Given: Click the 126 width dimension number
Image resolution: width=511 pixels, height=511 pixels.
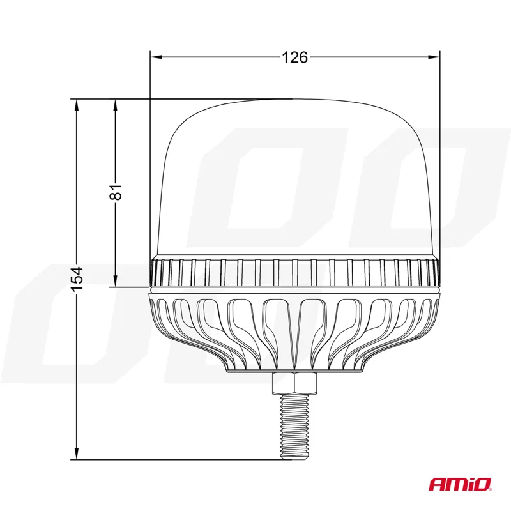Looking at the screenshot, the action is pos(294,57).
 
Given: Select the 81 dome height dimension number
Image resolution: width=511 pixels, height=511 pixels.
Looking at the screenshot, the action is pos(116,192).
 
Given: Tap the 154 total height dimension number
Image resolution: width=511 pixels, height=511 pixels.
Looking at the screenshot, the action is pos(77,279).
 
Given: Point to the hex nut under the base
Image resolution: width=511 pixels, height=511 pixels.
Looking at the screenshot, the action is pos(294,383).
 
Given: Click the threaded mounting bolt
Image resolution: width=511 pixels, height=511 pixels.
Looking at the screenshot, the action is pos(294,426).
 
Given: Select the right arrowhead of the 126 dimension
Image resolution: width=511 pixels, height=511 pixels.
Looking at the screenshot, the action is pos(434,57).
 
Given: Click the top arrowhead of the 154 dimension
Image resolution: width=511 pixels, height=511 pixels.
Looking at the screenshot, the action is pos(77,105).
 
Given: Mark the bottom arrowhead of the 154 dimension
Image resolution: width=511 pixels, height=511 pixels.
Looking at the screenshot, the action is pos(77,454).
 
